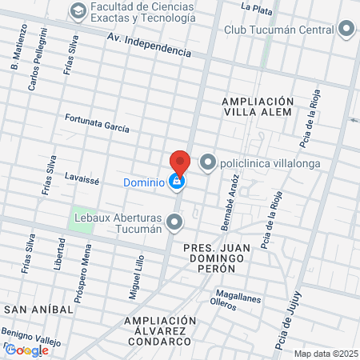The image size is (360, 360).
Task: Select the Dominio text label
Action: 144,182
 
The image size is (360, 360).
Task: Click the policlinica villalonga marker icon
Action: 208,163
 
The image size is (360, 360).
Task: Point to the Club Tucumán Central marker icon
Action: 346,30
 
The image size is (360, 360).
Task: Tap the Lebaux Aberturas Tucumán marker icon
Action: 175,222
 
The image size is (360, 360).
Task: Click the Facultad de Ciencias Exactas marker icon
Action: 78,10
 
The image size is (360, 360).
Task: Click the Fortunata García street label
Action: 98,122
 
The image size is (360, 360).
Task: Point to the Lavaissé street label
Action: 82,178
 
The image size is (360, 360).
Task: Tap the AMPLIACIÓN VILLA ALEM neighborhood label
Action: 258,107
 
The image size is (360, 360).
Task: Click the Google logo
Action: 26,349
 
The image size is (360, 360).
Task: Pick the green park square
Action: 82,219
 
